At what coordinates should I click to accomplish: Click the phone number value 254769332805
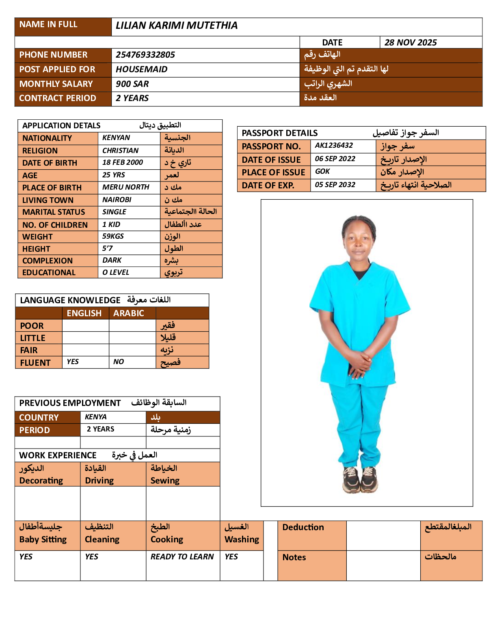point(145,55)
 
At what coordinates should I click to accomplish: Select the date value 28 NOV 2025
point(411,43)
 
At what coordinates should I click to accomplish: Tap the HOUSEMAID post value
point(141,69)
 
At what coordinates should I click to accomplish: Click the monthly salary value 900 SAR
point(132,84)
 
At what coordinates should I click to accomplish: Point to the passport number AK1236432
point(334,145)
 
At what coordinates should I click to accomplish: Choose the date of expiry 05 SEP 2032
point(335,185)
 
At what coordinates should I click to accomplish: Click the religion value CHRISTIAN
point(120,151)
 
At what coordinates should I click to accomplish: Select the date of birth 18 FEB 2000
point(123,162)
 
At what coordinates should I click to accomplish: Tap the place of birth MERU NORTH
point(126,187)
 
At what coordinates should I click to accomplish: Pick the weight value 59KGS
point(113,236)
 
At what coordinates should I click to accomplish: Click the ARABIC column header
point(128,313)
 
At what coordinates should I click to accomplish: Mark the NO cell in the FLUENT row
point(119,362)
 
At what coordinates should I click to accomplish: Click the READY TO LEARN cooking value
point(182,557)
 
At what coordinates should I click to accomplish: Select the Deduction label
point(303,527)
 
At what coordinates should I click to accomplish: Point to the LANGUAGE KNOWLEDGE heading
point(70,300)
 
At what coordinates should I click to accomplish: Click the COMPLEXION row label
point(48,261)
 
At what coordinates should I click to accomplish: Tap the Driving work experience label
point(99,481)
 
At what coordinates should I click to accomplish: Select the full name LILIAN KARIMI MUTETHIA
point(177,26)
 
